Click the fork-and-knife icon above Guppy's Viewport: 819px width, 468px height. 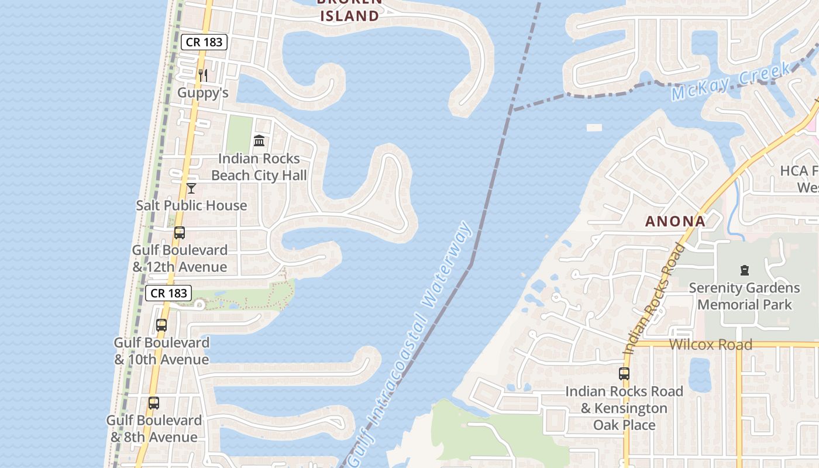coord(202,75)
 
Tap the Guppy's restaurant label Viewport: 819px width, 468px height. coord(202,93)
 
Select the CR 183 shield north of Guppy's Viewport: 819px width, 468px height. coord(203,42)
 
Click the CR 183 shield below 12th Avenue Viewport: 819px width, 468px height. coord(168,293)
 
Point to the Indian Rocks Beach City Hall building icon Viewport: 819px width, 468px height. coord(259,141)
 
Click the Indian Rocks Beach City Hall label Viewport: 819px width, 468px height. coord(259,167)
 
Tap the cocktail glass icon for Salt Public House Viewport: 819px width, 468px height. coord(191,188)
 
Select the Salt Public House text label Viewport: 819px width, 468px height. coord(191,205)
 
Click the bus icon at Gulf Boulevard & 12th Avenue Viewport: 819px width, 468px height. coord(180,233)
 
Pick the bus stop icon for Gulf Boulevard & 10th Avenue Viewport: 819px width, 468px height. coord(161,325)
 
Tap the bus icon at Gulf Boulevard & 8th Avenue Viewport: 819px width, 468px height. coord(154,403)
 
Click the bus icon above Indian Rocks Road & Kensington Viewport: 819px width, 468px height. coord(624,374)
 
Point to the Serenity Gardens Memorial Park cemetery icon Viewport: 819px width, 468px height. coord(744,270)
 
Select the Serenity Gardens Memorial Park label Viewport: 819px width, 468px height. coord(744,296)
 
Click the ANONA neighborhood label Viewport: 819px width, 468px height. coord(675,222)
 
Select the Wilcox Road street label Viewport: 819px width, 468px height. coord(710,345)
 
